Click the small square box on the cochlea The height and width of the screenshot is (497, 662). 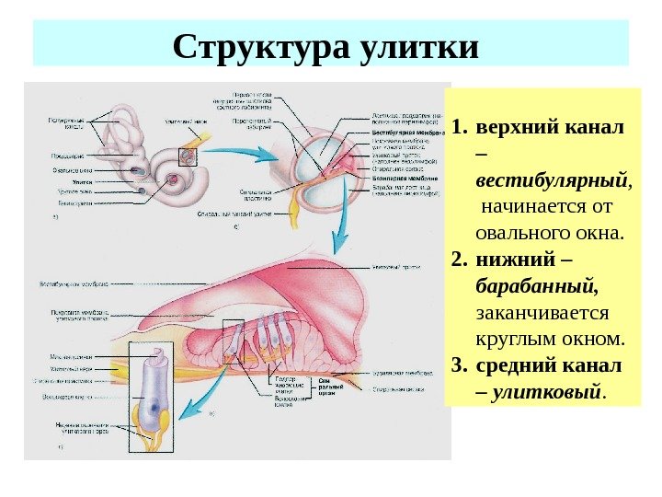click(x=188, y=156)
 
